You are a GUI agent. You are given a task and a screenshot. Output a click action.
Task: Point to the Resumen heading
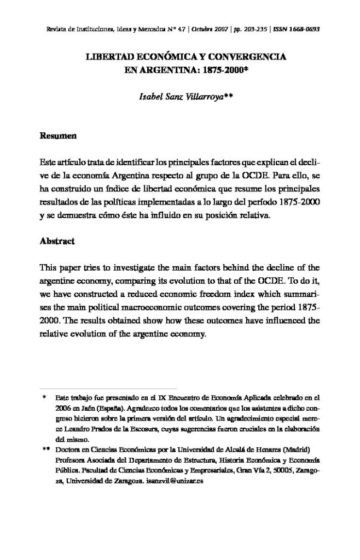(x=57, y=135)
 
